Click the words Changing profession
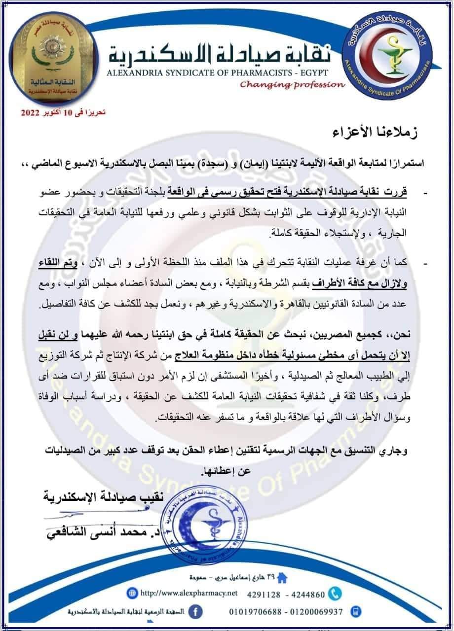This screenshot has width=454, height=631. point(293,84)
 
